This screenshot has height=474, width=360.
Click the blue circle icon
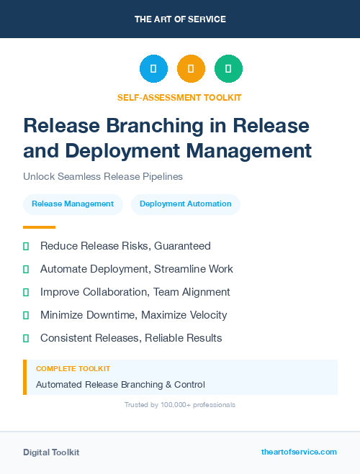[153, 69]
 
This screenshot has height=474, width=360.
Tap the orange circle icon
[191, 69]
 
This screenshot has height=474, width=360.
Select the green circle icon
[228, 69]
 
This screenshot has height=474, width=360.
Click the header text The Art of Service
[180, 19]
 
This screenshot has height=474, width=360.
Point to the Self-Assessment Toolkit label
[180, 97]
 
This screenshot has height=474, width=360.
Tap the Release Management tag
[73, 204]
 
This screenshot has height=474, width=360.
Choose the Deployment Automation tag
[186, 204]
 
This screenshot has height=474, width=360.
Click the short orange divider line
[39, 227]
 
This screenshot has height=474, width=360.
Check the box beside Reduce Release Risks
[26, 246]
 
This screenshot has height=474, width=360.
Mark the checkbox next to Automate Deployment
[26, 269]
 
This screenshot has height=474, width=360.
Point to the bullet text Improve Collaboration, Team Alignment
[135, 292]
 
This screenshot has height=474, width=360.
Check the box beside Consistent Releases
[26, 338]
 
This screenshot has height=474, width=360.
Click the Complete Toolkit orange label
[73, 368]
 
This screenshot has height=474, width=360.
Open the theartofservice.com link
[299, 452]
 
